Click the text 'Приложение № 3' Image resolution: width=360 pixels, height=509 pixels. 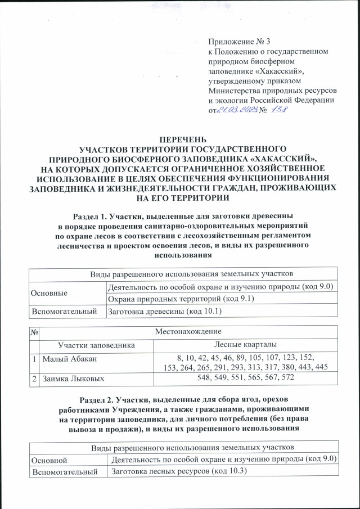coord(240,42)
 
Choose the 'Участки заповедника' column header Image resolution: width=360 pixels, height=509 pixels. coord(88,344)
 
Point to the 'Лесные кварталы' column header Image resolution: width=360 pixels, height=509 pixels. coord(245,344)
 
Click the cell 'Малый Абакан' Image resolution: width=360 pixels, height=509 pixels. coord(65,357)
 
